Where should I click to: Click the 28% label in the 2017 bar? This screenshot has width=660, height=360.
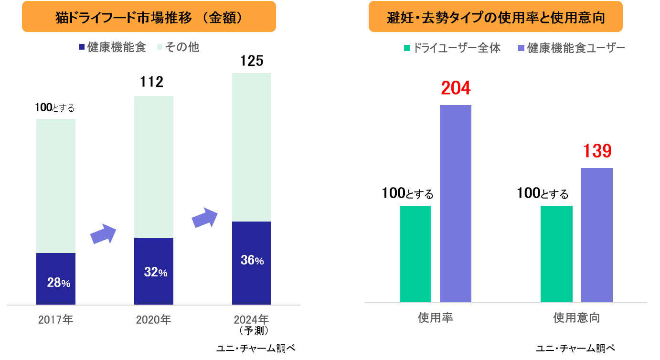pyautogui.click(x=59, y=283)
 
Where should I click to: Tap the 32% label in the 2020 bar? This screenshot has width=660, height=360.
pyautogui.click(x=156, y=273)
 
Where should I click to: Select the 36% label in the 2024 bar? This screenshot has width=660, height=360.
pyautogui.click(x=252, y=261)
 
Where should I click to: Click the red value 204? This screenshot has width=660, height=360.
pyautogui.click(x=456, y=88)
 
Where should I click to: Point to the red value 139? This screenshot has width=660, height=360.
pyautogui.click(x=597, y=152)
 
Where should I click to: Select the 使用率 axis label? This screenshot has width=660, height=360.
pyautogui.click(x=435, y=318)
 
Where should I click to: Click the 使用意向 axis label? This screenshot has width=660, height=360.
pyautogui.click(x=576, y=318)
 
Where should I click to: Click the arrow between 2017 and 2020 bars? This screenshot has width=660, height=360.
pyautogui.click(x=104, y=234)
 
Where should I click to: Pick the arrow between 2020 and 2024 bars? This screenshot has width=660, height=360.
pyautogui.click(x=204, y=218)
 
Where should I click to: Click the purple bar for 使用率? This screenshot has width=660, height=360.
pyautogui.click(x=456, y=203)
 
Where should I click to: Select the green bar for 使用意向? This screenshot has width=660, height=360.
pyautogui.click(x=556, y=254)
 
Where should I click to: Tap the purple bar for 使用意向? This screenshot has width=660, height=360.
pyautogui.click(x=596, y=235)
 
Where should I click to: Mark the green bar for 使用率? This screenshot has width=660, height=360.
pyautogui.click(x=415, y=254)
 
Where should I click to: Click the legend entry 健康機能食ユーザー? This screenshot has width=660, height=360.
pyautogui.click(x=572, y=48)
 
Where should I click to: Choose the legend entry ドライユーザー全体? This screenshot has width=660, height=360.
pyautogui.click(x=452, y=48)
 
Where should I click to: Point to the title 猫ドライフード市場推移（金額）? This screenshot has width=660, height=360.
pyautogui.click(x=149, y=17)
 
